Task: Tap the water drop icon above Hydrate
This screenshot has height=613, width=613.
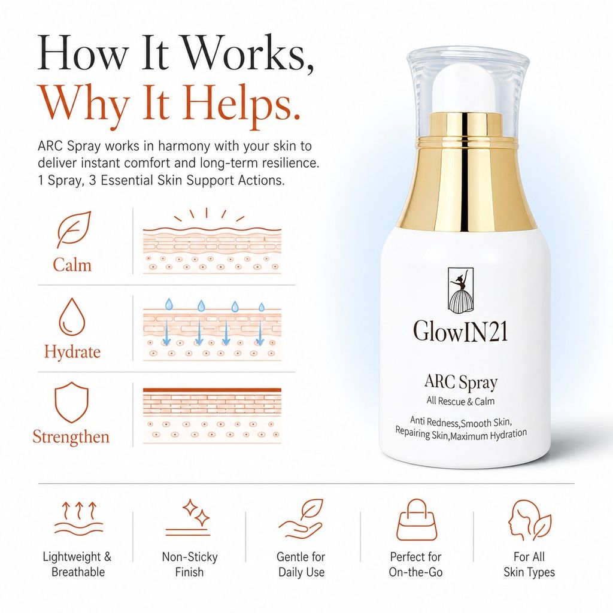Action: tap(72, 317)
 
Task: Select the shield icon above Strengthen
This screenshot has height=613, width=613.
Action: tap(71, 403)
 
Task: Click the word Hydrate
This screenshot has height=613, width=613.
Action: tap(72, 351)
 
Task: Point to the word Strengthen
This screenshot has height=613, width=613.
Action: tap(71, 436)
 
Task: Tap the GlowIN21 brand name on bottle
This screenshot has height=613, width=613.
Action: tap(460, 332)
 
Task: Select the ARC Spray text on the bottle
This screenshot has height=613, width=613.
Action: tap(461, 382)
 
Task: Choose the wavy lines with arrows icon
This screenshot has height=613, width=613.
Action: tap(78, 518)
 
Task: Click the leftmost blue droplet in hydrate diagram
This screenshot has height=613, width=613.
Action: tap(168, 304)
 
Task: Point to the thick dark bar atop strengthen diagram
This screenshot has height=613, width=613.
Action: tap(212, 390)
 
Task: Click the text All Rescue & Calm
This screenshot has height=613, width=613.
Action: tap(460, 401)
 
